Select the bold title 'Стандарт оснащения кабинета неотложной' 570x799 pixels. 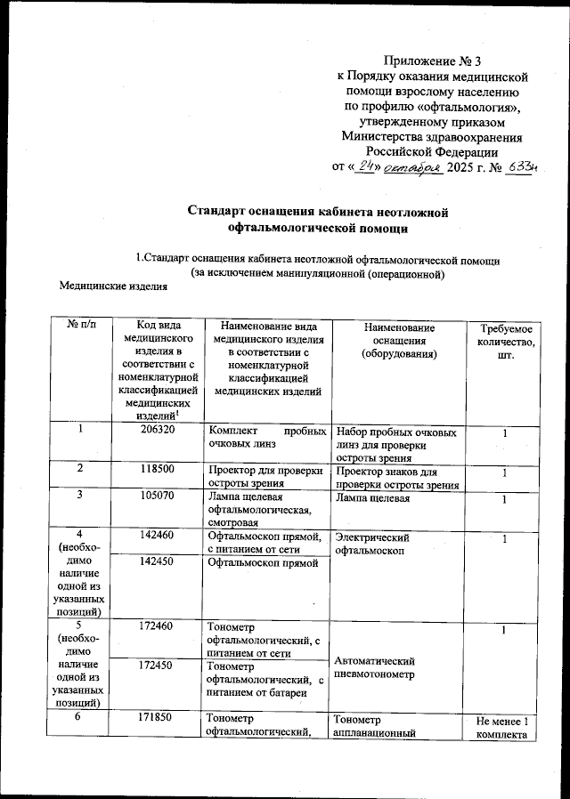click(x=317, y=211)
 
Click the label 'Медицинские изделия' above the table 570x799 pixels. click(x=113, y=286)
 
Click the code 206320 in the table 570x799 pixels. click(x=156, y=430)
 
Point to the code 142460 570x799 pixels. click(x=156, y=537)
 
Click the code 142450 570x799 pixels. click(x=156, y=562)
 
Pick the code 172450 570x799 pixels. click(x=156, y=666)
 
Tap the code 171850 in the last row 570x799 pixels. click(x=156, y=719)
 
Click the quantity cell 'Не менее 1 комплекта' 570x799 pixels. click(x=504, y=727)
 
